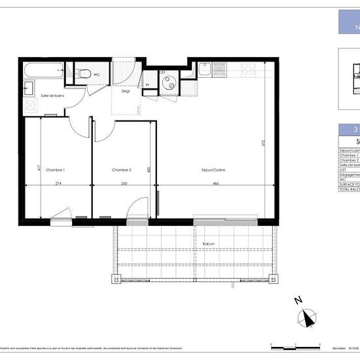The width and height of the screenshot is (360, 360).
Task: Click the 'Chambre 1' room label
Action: coord(56,170)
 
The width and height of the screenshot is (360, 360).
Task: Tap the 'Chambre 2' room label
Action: coord(122,170)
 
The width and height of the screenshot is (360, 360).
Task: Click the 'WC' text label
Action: coord(97,75)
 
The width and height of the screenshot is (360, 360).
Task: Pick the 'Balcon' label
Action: coord(209,244)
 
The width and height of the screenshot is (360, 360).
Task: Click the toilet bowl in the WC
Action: coord(81,74)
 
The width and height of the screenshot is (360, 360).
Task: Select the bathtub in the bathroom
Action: coord(43,68)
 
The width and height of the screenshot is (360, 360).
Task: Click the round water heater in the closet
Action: coord(169,82)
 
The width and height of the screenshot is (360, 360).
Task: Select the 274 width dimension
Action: coord(58,183)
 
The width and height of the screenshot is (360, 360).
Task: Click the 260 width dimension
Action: coord(124,183)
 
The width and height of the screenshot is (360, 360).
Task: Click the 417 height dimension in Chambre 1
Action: coord(39,168)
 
